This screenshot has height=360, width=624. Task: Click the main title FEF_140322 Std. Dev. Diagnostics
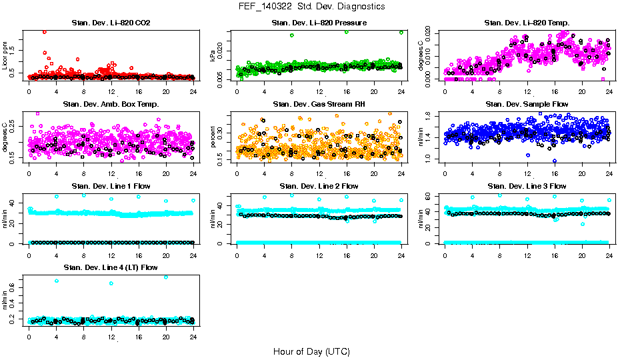point(311,7)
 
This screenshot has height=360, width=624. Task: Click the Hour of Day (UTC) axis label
point(311,351)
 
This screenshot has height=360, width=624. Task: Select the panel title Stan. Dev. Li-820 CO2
point(111,23)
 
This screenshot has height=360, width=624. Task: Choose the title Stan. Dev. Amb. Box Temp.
point(111,104)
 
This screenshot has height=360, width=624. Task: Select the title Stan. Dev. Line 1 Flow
point(111,186)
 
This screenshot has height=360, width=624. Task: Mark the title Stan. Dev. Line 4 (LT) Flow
point(111,267)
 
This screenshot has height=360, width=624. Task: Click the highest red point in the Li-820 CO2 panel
point(44,31)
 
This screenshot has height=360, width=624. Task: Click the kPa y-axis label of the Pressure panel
point(213,56)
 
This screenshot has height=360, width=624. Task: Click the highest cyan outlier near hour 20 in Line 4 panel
point(166,277)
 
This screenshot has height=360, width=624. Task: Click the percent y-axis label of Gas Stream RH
point(213,137)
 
